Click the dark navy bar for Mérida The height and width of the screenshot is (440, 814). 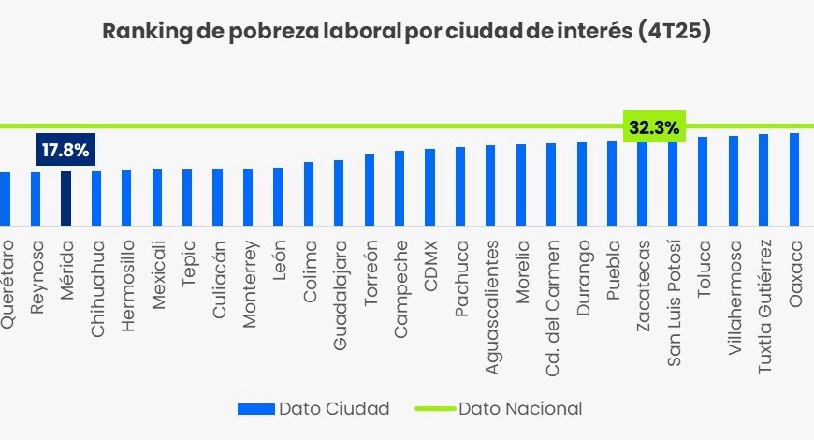[x=66, y=198]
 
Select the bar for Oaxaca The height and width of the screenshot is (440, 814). [x=794, y=179]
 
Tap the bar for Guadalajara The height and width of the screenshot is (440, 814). [x=339, y=193]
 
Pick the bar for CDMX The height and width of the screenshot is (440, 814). [x=429, y=187]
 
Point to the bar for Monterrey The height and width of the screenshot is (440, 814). [x=248, y=197]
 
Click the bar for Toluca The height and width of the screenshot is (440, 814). [x=703, y=181]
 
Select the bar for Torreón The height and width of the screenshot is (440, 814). [x=370, y=190]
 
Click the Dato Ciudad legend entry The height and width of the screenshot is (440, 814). [x=313, y=408]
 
